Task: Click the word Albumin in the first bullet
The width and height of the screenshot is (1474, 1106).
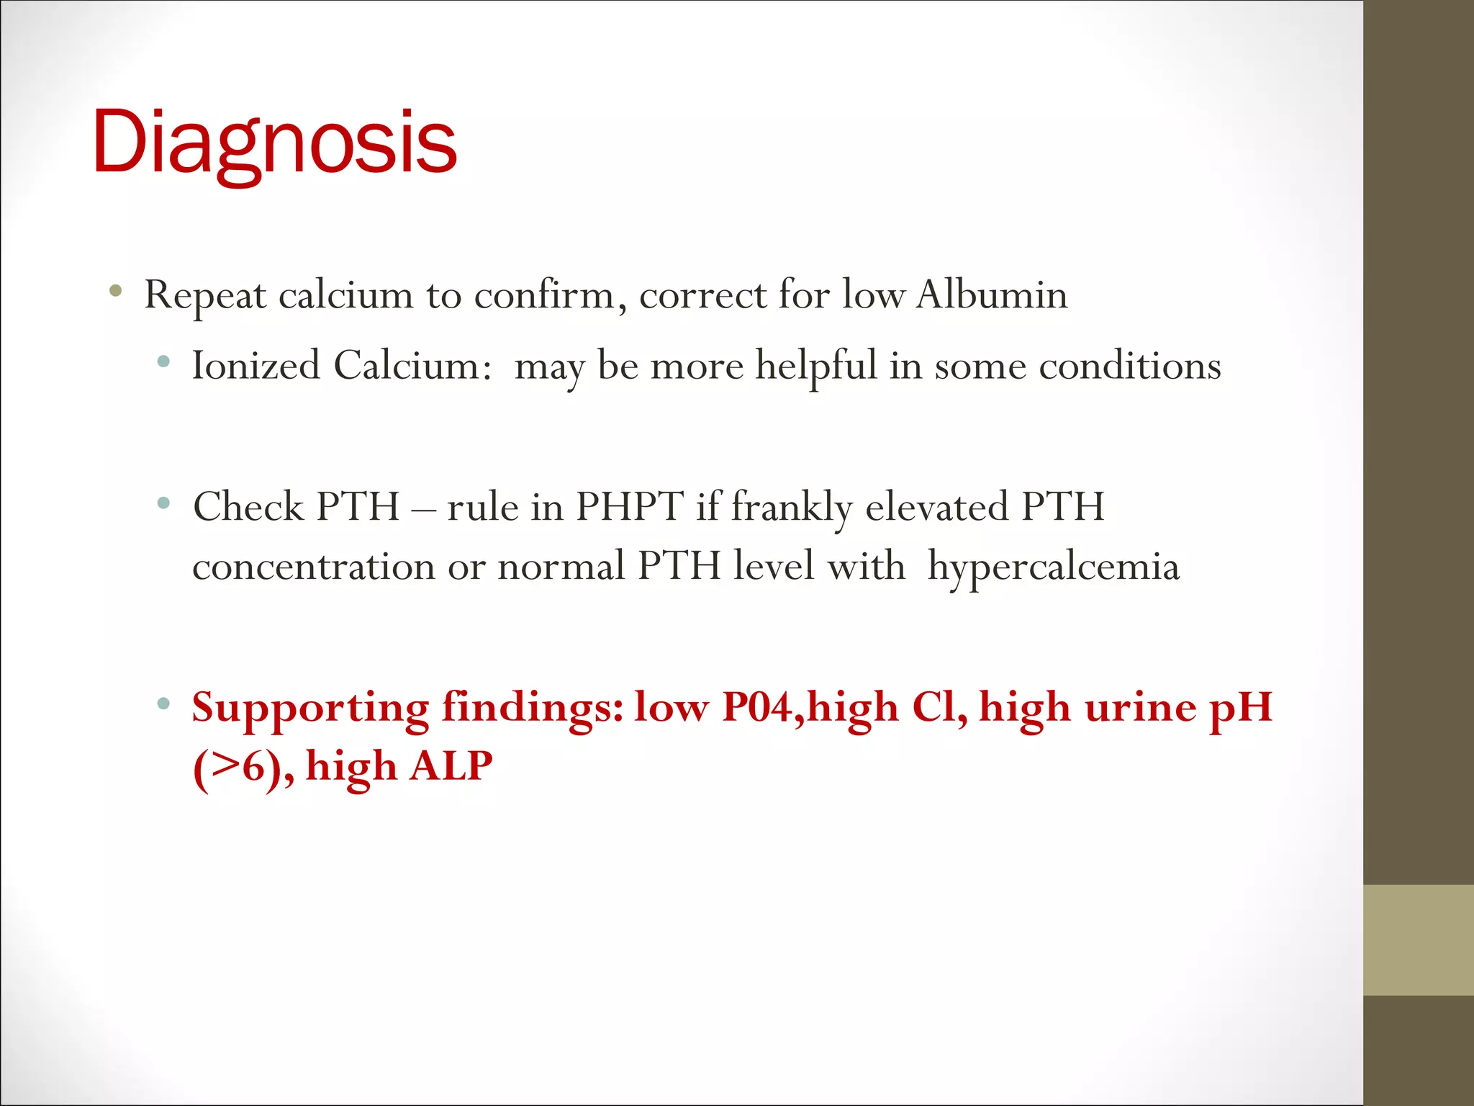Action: point(992,295)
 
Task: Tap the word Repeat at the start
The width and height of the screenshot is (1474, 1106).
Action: point(205,296)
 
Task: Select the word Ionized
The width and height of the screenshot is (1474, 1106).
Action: point(256,365)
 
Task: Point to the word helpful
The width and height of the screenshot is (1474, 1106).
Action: point(815,367)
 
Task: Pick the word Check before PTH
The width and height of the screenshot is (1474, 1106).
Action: point(248,506)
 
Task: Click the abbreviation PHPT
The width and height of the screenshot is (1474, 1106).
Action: point(630,506)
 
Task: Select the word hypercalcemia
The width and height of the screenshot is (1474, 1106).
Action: point(1053,567)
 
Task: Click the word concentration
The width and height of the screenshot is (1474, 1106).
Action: point(314,566)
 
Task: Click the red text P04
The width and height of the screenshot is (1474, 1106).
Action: point(762,707)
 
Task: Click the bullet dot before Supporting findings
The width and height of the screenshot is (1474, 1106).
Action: point(163,703)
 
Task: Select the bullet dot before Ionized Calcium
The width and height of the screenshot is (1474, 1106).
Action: point(163,361)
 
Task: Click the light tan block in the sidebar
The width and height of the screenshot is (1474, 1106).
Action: point(1418,940)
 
